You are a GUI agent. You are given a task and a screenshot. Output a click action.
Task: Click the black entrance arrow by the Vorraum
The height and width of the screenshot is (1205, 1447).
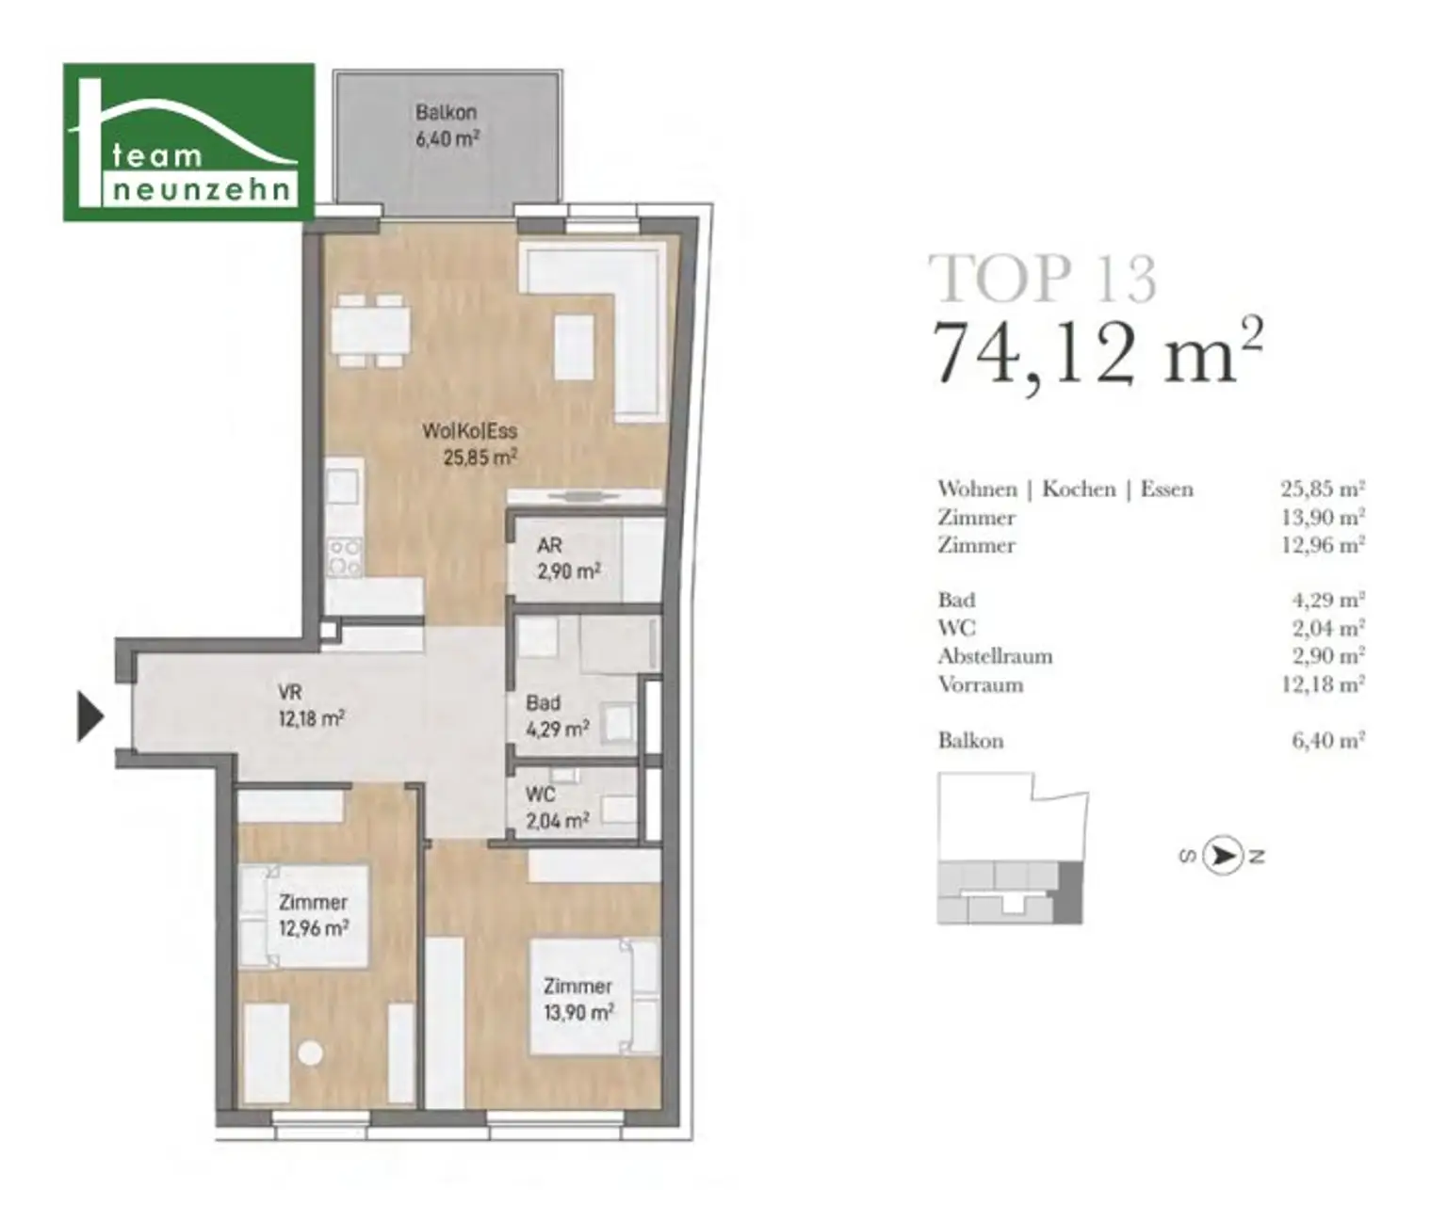point(90,716)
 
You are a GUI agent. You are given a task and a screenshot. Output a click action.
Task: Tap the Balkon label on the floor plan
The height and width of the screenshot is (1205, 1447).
point(446,112)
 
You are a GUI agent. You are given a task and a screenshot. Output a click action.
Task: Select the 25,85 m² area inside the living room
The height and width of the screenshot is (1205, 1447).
point(480,458)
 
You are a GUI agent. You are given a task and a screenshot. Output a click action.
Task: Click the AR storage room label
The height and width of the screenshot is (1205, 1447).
point(549,545)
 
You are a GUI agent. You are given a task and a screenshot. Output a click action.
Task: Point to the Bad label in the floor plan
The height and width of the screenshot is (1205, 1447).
point(543,703)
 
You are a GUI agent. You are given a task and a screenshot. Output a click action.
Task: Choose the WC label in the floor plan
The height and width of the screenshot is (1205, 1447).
point(540,795)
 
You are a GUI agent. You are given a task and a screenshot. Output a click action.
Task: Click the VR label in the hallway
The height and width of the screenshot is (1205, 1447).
point(289,692)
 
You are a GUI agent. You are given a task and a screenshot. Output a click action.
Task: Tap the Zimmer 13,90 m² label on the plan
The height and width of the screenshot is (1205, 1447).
point(578,1000)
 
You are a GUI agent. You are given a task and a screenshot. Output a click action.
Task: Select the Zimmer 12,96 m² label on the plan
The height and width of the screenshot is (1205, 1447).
point(314,915)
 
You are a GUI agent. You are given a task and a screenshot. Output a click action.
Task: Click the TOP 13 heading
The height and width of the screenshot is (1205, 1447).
point(1044,279)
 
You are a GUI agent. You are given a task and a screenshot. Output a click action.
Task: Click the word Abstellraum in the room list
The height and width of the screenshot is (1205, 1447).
point(995,656)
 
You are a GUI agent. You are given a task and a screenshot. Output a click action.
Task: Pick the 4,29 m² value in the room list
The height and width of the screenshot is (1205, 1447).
point(1328,600)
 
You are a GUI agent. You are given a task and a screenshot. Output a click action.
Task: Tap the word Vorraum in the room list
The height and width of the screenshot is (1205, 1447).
point(981,685)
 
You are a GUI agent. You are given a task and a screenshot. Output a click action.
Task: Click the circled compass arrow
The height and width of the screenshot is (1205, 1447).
point(1222,856)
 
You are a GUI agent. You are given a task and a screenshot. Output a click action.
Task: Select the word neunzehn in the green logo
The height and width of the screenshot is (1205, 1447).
point(201,189)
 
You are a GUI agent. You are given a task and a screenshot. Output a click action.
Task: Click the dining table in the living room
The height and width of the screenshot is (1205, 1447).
point(370,330)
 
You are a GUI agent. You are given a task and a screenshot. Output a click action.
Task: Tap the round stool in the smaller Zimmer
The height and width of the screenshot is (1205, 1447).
point(311,1053)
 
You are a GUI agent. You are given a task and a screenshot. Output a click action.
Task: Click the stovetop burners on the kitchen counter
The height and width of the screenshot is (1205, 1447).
point(345,556)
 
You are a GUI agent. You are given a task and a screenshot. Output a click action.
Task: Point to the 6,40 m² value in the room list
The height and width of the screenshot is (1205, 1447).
point(1328,740)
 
